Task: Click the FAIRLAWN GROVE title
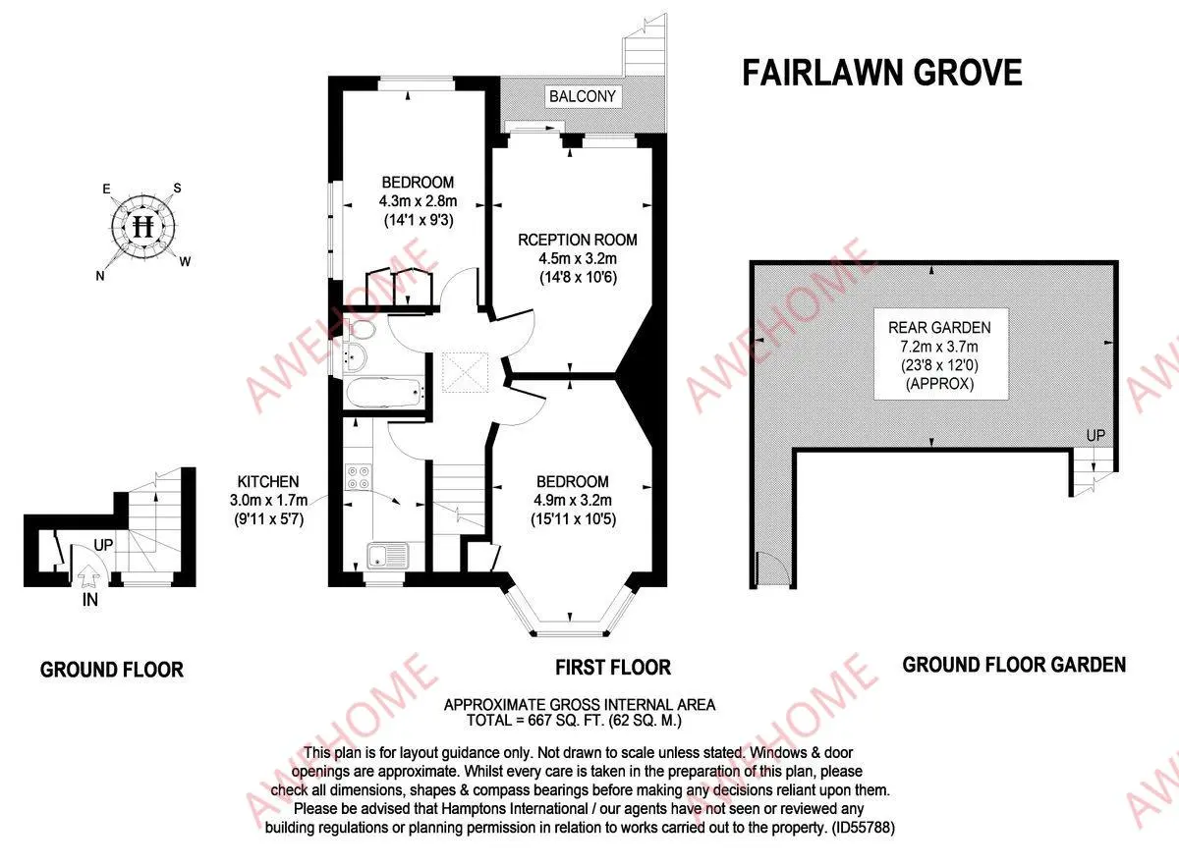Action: (x=881, y=74)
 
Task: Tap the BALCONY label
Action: (x=583, y=96)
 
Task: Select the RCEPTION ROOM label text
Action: (x=578, y=240)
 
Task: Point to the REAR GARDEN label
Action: (x=939, y=328)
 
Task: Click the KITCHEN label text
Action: (x=267, y=482)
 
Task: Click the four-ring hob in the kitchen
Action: (x=358, y=477)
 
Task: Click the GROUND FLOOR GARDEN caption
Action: (x=1014, y=665)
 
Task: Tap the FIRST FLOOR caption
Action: (x=613, y=668)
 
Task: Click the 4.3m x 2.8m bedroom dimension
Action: (x=418, y=201)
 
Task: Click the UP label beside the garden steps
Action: (x=1095, y=435)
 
